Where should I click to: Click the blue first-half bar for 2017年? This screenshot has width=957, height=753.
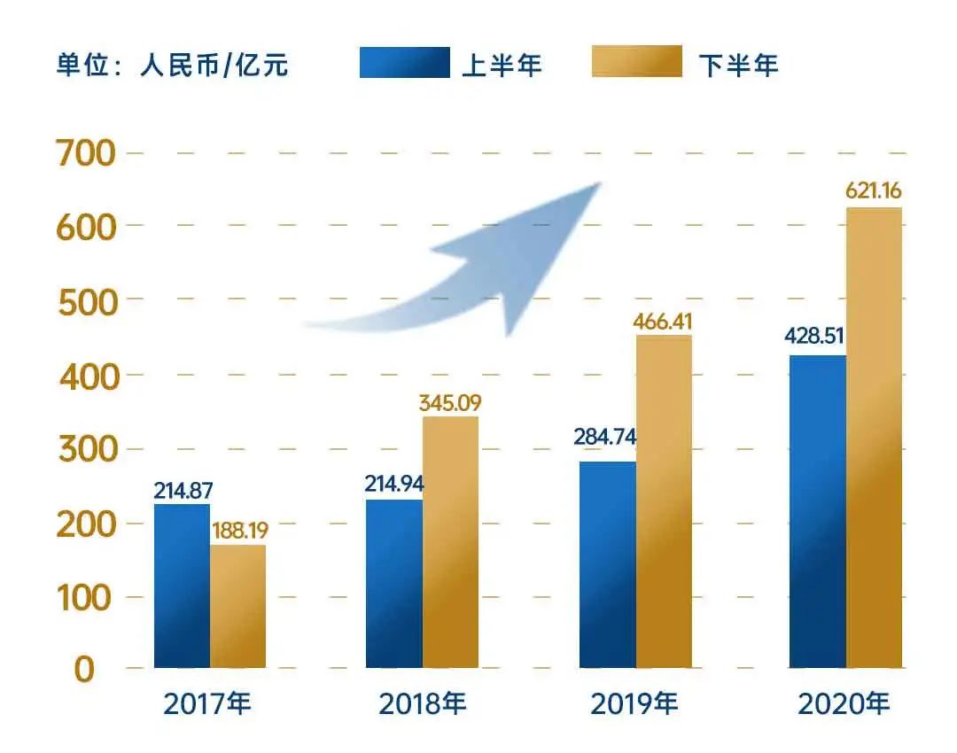182,585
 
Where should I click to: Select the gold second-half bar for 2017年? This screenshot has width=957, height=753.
237,606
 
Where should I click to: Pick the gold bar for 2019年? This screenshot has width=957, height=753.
664,501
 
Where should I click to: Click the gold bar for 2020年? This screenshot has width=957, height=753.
874,438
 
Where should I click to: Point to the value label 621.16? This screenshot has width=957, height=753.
874,191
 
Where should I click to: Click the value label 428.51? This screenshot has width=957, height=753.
814,338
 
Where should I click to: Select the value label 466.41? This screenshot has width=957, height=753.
663,320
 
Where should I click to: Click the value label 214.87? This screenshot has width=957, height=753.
183,490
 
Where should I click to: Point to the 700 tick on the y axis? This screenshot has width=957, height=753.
85,154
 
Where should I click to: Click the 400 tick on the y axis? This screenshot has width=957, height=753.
87,376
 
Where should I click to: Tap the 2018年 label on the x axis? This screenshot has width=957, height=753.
423,705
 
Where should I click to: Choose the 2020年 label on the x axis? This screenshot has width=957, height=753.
844,705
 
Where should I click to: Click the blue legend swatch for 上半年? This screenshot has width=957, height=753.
404,63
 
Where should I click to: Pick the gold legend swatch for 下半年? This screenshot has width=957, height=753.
637,63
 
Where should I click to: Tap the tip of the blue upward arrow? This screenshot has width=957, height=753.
600,184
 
